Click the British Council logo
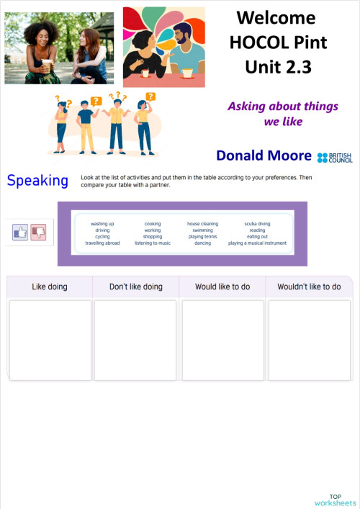(x=335, y=157)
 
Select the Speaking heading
(x=37, y=181)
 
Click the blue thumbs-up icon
(x=20, y=232)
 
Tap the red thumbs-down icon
(x=37, y=232)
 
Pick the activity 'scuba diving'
(x=257, y=224)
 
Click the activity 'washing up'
(x=102, y=224)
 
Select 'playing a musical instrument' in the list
(x=257, y=243)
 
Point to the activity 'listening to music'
(x=153, y=243)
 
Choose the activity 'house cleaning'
(x=202, y=224)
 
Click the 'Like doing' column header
(x=50, y=287)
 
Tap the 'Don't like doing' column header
(x=135, y=287)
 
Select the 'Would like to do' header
(x=222, y=287)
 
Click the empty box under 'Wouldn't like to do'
(x=309, y=340)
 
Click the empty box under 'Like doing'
(x=50, y=340)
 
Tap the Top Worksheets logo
(x=335, y=500)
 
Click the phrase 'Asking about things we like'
(x=282, y=114)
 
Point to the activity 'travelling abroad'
(x=102, y=243)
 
